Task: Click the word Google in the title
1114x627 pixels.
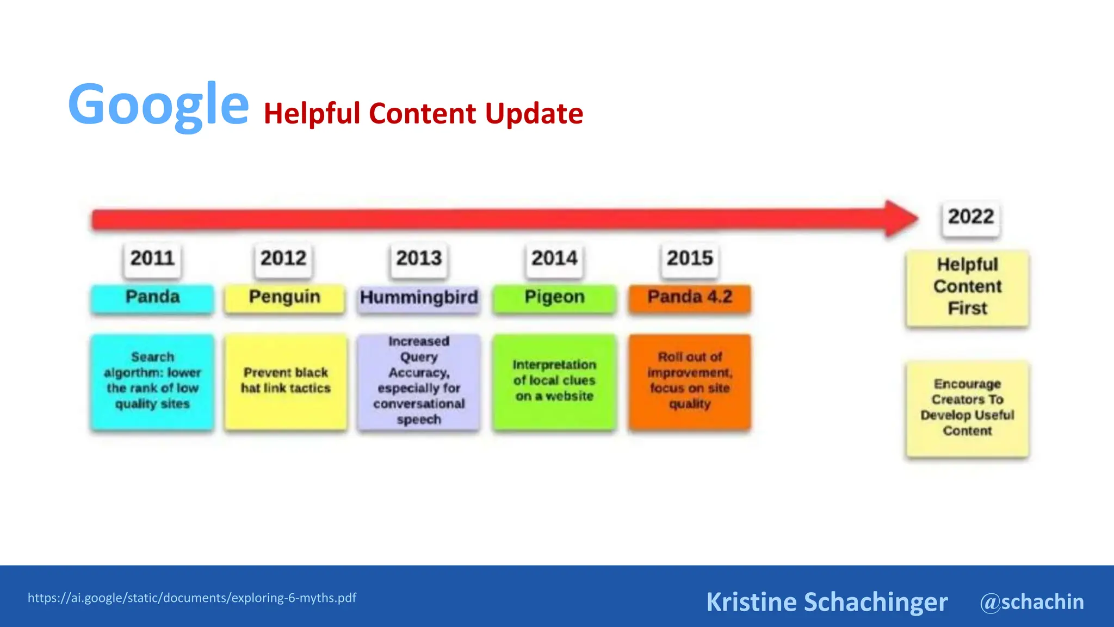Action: pyautogui.click(x=158, y=104)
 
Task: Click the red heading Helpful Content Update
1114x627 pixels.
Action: pyautogui.click(x=423, y=114)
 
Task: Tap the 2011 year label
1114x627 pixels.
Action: pyautogui.click(x=152, y=258)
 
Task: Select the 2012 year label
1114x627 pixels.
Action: pyautogui.click(x=283, y=258)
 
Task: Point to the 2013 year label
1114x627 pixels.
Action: pyautogui.click(x=418, y=258)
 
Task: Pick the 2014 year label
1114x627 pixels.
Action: pyautogui.click(x=554, y=258)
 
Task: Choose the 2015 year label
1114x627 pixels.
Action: pyautogui.click(x=690, y=258)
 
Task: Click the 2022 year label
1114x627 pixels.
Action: pyautogui.click(x=971, y=217)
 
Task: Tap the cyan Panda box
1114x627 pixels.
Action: pyautogui.click(x=152, y=298)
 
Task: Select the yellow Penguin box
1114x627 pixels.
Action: pyautogui.click(x=284, y=298)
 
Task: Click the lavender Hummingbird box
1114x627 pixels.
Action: pyautogui.click(x=419, y=298)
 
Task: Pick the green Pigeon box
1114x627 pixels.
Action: pyautogui.click(x=554, y=298)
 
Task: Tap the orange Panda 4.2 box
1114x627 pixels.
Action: pyautogui.click(x=690, y=298)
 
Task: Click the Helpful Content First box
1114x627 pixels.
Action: pyautogui.click(x=967, y=287)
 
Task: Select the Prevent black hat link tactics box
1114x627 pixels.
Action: pyautogui.click(x=286, y=381)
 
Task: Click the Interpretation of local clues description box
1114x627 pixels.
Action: pyautogui.click(x=554, y=381)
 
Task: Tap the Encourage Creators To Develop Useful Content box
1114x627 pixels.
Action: pyautogui.click(x=967, y=408)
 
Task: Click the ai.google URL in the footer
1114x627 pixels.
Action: pyautogui.click(x=192, y=598)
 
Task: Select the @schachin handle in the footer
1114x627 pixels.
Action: pyautogui.click(x=1032, y=602)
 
